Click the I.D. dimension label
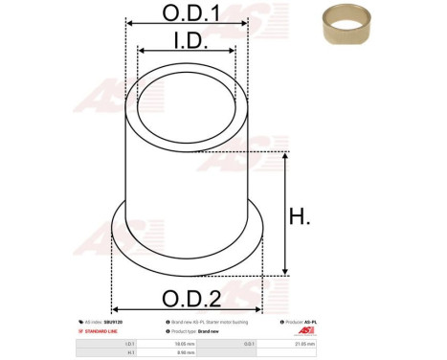pyautogui.click(x=186, y=41)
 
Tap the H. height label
pyautogui.click(x=300, y=216)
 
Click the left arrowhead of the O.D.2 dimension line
pyautogui.click(x=117, y=309)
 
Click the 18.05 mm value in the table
pyautogui.click(x=187, y=343)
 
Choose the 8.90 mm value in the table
pyautogui.click(x=187, y=352)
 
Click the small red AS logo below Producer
pyautogui.click(x=359, y=331)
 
